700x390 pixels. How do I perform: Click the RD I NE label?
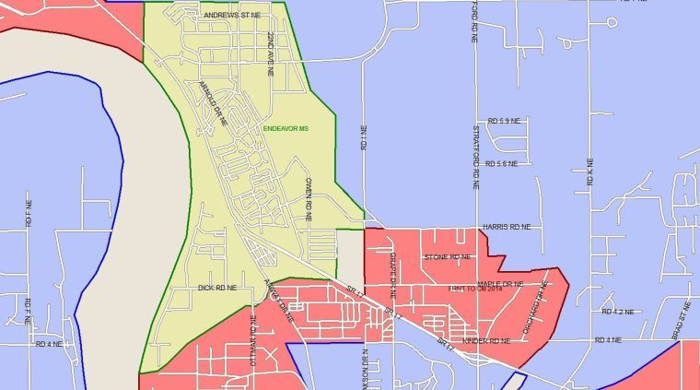click(365, 137)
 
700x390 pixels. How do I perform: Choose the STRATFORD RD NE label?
click(476, 158)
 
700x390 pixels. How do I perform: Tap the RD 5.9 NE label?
click(505, 121)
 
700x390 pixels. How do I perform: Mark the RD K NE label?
click(589, 173)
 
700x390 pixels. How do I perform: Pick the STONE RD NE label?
click(447, 257)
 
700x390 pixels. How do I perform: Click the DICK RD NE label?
click(217, 288)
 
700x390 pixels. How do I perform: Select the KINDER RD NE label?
click(486, 341)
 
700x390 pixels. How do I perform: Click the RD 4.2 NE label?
click(617, 313)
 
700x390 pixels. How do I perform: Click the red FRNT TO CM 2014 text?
click(480, 290)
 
